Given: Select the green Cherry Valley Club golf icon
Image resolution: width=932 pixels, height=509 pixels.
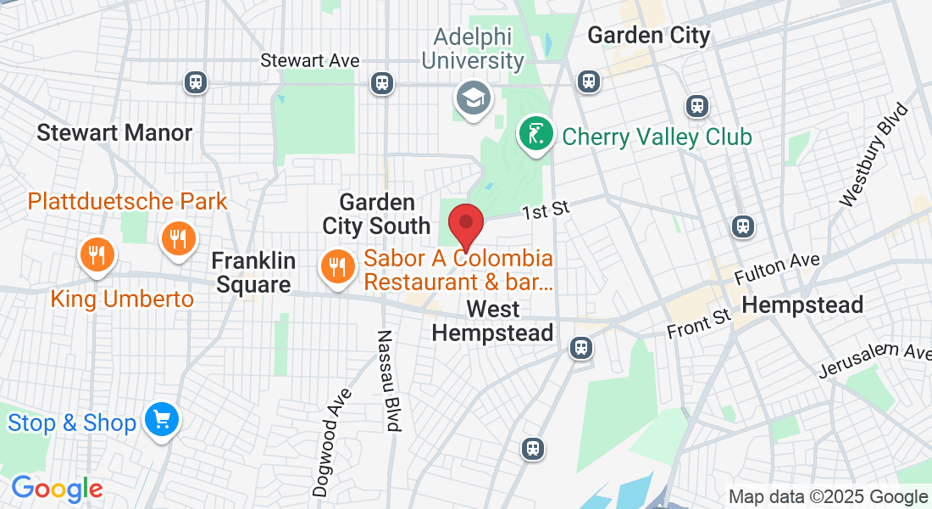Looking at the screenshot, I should coord(535,135).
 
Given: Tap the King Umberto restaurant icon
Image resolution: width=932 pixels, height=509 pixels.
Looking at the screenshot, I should coord(97,254).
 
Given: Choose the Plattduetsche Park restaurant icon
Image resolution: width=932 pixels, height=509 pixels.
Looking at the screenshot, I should coord(178,238).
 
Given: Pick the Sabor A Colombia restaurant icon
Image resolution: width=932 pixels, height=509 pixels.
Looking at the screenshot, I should coord(337,267).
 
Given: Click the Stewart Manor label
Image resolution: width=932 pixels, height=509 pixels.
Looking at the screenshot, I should coord(114,132).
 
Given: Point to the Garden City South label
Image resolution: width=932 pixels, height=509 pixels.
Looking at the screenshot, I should coord(376,214).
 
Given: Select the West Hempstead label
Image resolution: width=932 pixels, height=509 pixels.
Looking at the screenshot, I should coord(492,320).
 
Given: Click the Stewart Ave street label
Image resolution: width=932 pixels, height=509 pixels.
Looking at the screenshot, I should coord(310,60).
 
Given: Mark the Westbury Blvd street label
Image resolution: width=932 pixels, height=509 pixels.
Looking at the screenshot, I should coord(874,155).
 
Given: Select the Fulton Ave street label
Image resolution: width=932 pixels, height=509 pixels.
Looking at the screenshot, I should coord(777,271).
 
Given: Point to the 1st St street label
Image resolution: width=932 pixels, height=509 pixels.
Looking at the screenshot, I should coord(544,210).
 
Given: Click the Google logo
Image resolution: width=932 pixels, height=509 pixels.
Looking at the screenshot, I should coord(57,488).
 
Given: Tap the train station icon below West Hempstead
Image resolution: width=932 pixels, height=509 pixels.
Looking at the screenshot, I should coord(580,347).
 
